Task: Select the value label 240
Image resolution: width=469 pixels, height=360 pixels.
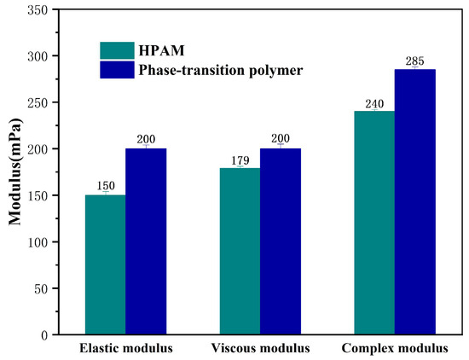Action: [x=374, y=103]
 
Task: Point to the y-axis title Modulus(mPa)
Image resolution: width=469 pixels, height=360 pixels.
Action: [x=15, y=171]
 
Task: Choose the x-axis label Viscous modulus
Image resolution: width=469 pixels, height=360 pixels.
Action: [x=260, y=349]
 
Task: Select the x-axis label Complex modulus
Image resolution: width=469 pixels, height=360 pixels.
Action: [x=394, y=349]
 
